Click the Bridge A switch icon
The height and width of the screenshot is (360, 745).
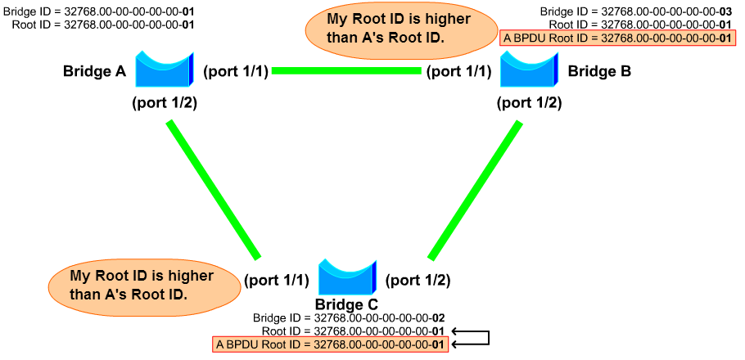(x=163, y=70)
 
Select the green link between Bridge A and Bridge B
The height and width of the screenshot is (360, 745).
(x=346, y=71)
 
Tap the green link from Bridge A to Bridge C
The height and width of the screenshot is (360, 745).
(x=213, y=189)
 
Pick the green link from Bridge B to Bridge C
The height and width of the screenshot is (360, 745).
(x=474, y=189)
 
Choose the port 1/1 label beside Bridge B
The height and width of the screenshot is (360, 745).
(x=458, y=72)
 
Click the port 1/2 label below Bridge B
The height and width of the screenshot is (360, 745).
(x=530, y=104)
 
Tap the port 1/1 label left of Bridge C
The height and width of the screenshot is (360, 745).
(x=276, y=281)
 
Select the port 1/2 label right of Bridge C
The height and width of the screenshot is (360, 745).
(x=418, y=281)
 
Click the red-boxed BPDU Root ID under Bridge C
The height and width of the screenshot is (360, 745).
(x=330, y=344)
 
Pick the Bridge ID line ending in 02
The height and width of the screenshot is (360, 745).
(x=349, y=317)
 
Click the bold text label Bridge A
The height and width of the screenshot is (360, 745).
(x=94, y=72)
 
